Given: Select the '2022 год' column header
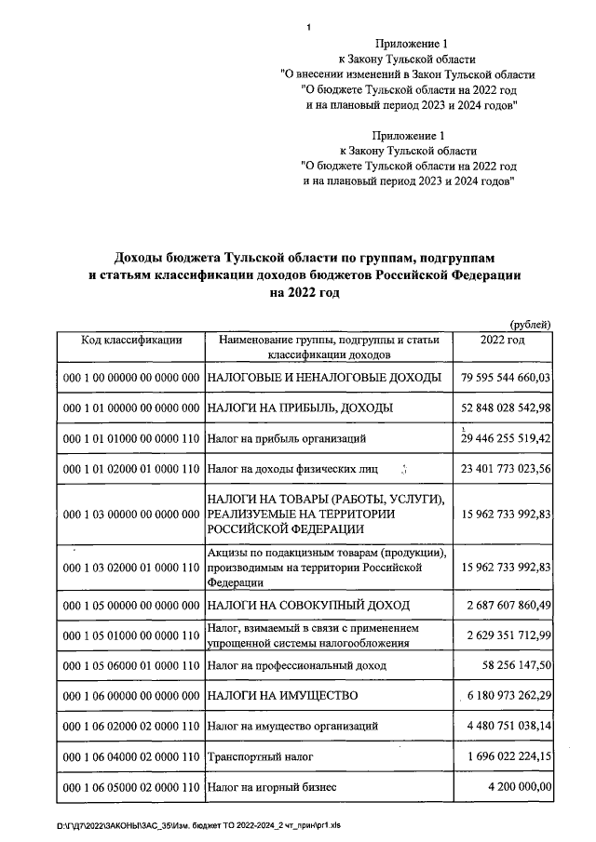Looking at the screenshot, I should (x=502, y=341).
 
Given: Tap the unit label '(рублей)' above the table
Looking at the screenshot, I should (x=531, y=324).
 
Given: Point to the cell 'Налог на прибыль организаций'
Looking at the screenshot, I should (x=286, y=437).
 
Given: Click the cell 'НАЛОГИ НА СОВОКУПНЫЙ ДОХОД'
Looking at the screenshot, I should (x=308, y=606).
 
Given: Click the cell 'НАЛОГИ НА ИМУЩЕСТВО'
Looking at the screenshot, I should (x=283, y=696).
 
